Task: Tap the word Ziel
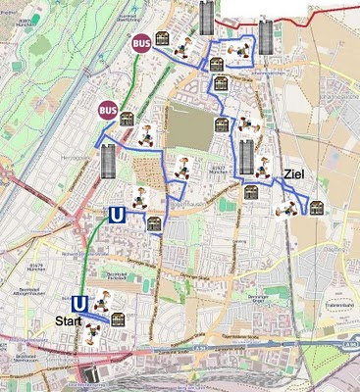294,173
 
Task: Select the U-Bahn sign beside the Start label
79,304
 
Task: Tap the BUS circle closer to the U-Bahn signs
107,110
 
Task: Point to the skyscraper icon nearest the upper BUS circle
205,17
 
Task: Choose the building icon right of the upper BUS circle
180,46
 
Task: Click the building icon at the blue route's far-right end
315,206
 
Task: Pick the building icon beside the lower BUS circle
127,120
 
